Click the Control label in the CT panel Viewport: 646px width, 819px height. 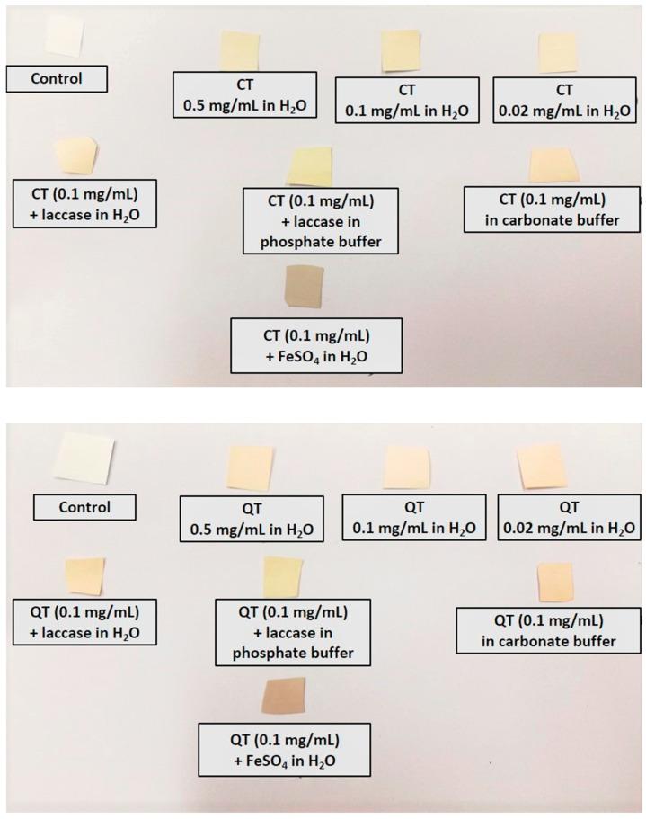(57, 78)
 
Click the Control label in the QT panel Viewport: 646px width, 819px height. (84, 507)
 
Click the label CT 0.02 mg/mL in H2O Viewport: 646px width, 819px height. (564, 100)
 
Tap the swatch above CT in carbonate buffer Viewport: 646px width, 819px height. (553, 164)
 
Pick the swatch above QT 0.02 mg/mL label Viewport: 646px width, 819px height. (545, 466)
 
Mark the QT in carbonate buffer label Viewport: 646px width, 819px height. (548, 631)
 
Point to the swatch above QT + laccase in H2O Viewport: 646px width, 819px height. (84, 576)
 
